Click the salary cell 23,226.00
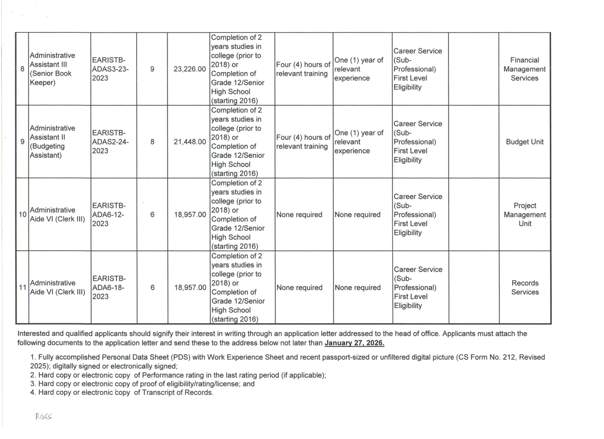(190, 69)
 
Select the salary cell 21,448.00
(190, 142)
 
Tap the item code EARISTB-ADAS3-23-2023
(110, 69)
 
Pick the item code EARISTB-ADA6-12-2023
(109, 215)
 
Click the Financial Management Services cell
(524, 69)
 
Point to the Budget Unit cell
(524, 142)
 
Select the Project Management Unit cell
(525, 215)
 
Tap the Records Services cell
(525, 288)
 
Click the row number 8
(22, 69)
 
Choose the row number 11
(23, 288)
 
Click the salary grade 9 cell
(152, 69)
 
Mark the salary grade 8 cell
(152, 142)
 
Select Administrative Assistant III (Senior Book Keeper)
(52, 69)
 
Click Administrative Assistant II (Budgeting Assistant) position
(52, 142)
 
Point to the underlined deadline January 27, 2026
(354, 343)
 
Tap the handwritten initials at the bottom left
(44, 417)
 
